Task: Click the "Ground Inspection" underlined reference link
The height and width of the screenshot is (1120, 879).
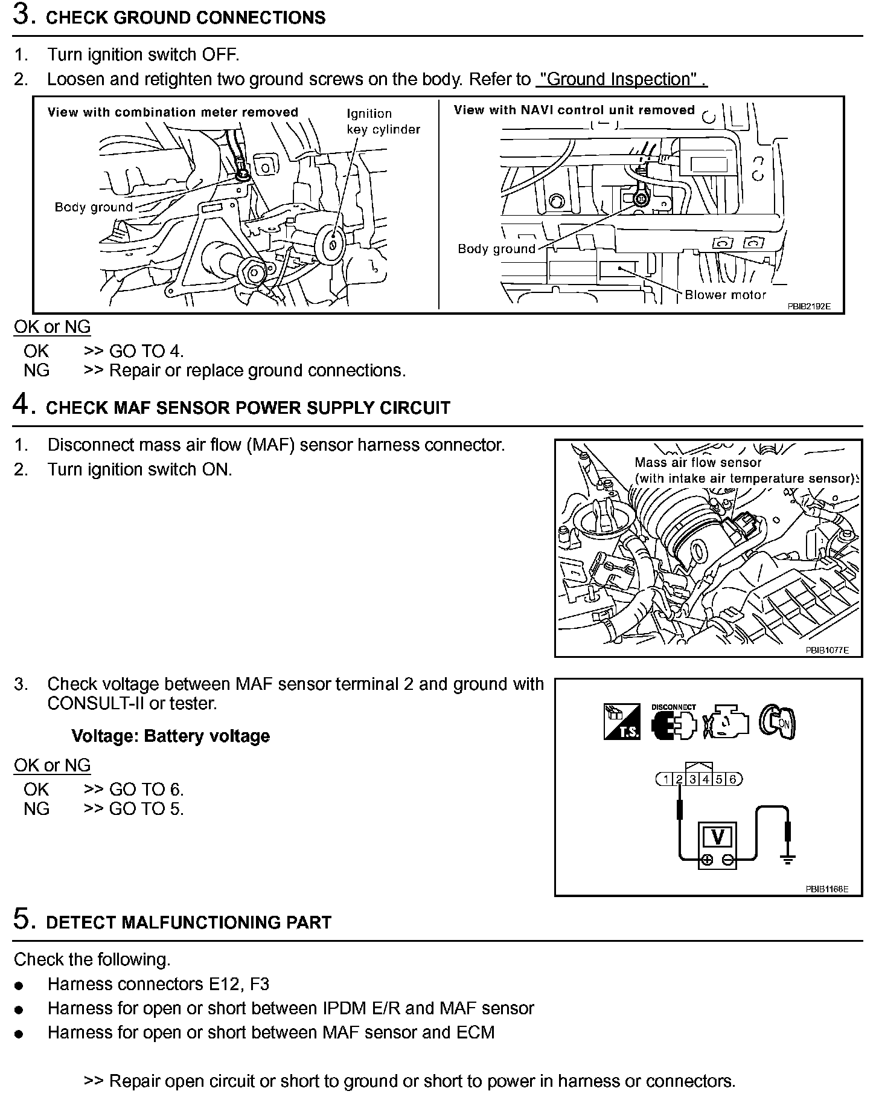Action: [621, 79]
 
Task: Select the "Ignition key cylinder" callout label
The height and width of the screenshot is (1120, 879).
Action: [383, 121]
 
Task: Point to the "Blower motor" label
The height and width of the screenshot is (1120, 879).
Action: [724, 295]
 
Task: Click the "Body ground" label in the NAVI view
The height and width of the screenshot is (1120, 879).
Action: [496, 249]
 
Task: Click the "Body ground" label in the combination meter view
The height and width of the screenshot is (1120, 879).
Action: [94, 207]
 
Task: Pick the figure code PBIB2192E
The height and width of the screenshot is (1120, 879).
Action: [808, 306]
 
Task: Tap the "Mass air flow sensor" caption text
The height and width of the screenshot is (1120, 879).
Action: [698, 463]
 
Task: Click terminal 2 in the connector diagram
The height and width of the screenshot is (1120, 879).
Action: [679, 779]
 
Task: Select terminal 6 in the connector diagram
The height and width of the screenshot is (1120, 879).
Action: [732, 779]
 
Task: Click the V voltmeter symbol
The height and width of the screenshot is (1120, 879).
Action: [718, 837]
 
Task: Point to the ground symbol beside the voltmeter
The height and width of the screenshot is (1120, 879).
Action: [787, 858]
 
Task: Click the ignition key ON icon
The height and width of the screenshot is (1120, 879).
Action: [778, 721]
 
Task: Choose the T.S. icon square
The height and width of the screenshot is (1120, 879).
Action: [622, 721]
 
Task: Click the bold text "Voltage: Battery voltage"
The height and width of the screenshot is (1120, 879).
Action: [170, 736]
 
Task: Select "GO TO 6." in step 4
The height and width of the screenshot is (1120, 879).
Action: [146, 790]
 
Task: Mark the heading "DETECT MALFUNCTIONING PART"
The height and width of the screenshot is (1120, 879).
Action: [188, 922]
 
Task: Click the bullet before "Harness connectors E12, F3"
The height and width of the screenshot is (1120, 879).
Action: [19, 986]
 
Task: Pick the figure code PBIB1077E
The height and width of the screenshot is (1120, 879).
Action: [826, 650]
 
